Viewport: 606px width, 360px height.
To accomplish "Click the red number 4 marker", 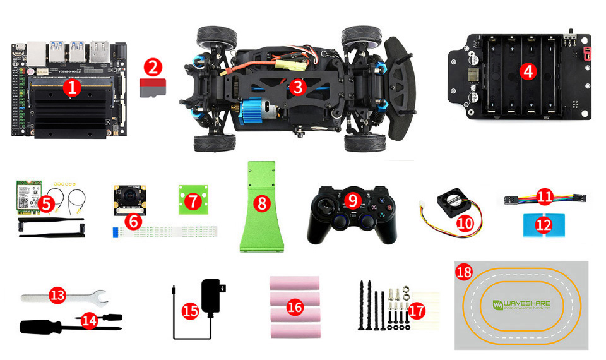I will click(529, 71).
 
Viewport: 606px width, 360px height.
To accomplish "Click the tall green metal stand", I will click(260, 208).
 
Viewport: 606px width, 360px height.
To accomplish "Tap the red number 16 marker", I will click(295, 308).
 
